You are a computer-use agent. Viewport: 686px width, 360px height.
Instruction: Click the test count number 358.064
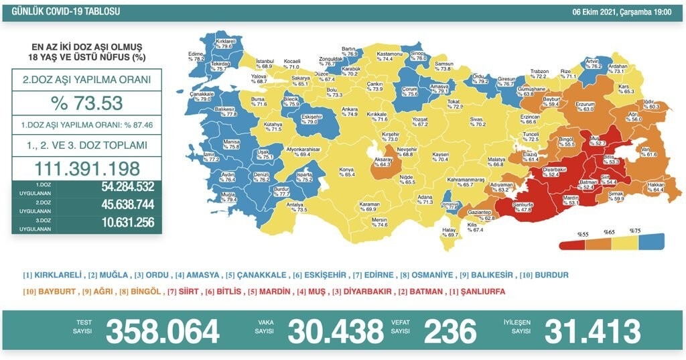163,331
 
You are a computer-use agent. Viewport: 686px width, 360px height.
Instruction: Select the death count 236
450,331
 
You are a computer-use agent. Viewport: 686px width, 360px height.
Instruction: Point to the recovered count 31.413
592,331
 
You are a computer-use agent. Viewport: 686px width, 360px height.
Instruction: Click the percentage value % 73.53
86,103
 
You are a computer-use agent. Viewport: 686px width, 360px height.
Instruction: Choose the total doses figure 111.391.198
86,168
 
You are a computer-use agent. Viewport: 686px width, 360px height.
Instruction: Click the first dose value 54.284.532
119,188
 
